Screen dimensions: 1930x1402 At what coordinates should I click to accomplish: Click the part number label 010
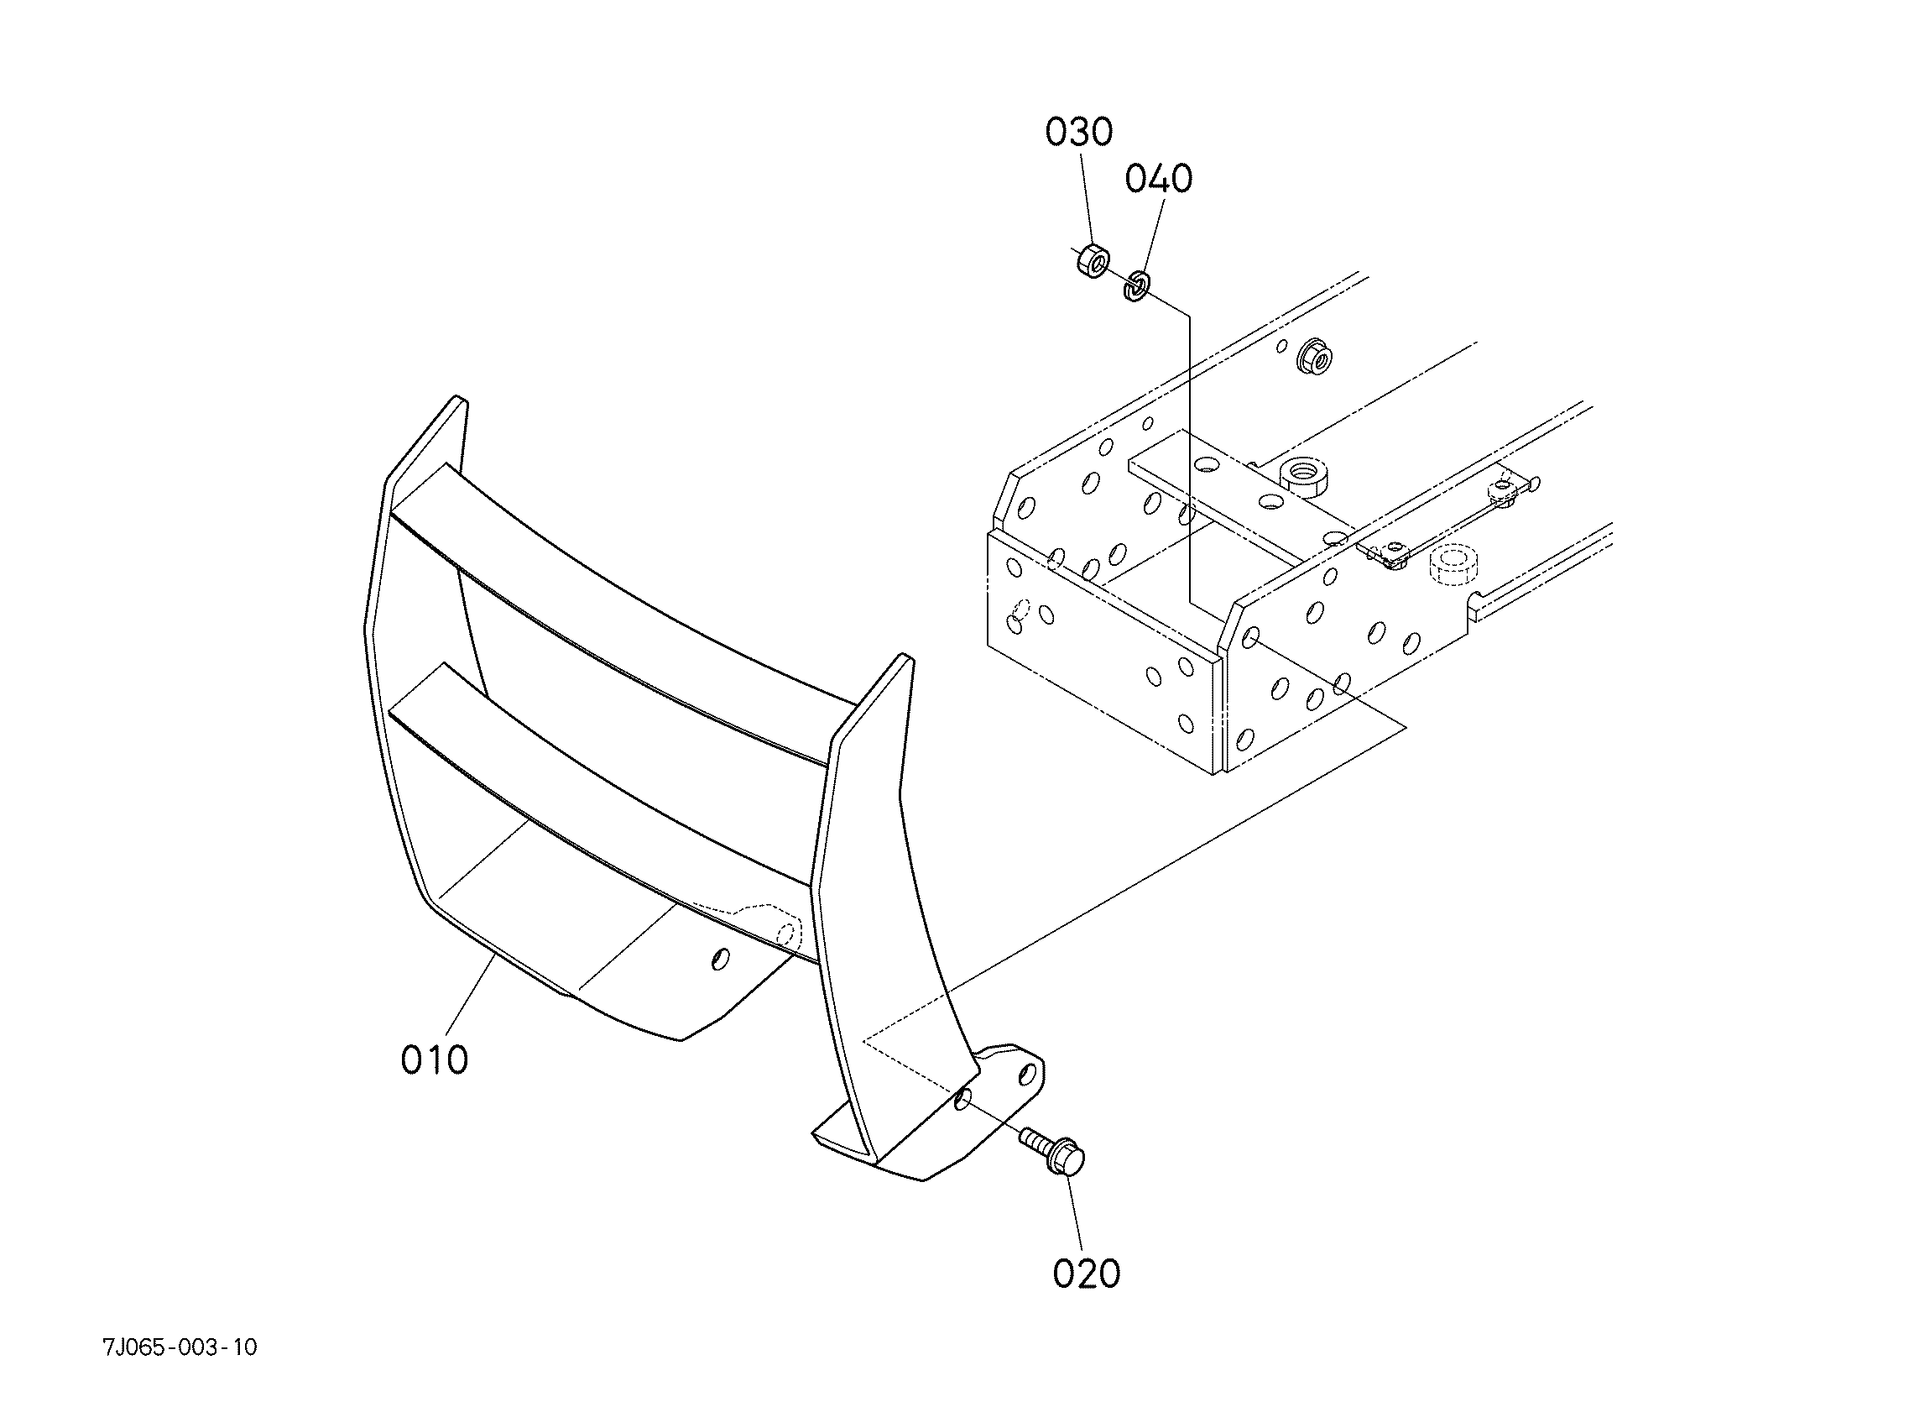[x=434, y=1060]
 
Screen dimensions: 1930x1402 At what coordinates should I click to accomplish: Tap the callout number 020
[x=1086, y=1274]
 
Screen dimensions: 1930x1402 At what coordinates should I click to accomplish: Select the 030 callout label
[x=1079, y=133]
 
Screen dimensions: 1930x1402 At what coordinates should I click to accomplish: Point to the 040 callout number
[x=1159, y=180]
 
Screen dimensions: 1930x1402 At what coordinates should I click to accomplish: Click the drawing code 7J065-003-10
[x=180, y=1347]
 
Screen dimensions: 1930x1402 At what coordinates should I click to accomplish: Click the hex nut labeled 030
[x=1091, y=260]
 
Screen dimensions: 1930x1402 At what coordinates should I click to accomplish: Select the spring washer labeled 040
[x=1136, y=285]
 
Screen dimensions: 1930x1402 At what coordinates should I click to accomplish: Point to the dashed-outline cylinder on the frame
[x=1453, y=566]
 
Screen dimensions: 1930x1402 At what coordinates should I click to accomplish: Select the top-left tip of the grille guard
[x=458, y=398]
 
